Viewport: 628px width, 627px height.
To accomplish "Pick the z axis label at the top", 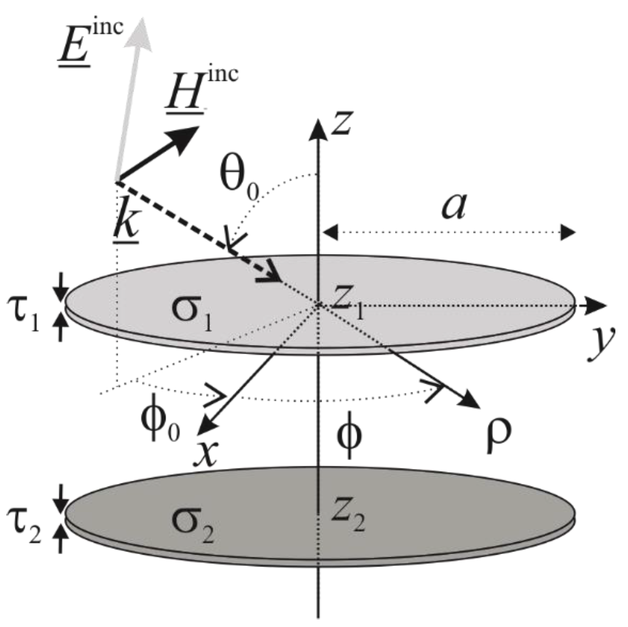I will click(342, 122).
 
